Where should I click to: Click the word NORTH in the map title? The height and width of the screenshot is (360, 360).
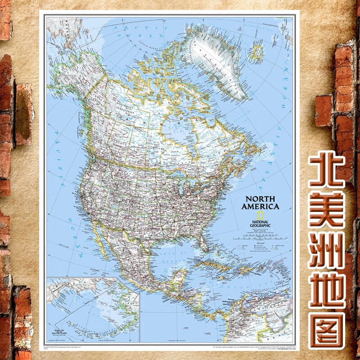(x=260, y=198)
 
